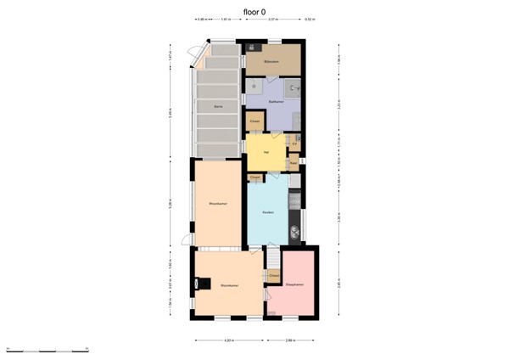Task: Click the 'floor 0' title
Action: pos(255,12)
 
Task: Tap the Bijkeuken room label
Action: pos(271,62)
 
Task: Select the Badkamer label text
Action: pos(275,102)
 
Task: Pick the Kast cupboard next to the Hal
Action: pos(294,161)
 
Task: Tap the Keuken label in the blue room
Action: pos(267,212)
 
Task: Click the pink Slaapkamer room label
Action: pos(294,285)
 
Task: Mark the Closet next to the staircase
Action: pos(273,276)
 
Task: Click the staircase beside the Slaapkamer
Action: pos(274,258)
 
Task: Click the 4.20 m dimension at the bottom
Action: pos(228,341)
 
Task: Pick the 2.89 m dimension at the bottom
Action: pos(291,341)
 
